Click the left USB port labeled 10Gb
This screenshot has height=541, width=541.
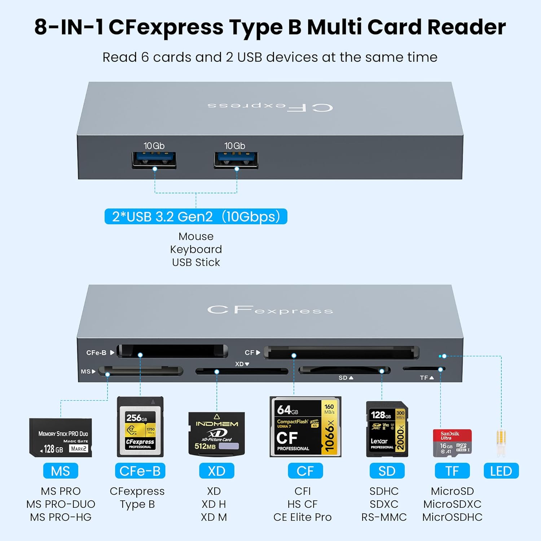[x=154, y=160]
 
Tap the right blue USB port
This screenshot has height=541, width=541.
[x=236, y=160]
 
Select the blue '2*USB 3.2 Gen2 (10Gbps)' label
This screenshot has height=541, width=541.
[x=196, y=216]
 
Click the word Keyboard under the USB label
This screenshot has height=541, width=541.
[x=196, y=249]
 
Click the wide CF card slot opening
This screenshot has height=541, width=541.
[x=341, y=352]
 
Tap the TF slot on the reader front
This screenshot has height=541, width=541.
[x=423, y=369]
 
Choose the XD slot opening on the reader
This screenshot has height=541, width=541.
[x=242, y=371]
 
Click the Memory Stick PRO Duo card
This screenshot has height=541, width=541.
[x=61, y=437]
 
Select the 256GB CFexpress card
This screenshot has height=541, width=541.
[x=140, y=427]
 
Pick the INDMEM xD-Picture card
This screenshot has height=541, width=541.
[x=216, y=434]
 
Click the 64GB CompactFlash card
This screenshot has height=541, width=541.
[x=305, y=427]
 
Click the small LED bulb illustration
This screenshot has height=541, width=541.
[x=501, y=443]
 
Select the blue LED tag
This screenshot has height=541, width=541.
[x=501, y=471]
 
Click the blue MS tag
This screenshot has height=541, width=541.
[x=60, y=471]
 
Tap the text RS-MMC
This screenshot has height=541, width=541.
[x=384, y=517]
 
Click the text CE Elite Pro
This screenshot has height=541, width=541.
[x=303, y=517]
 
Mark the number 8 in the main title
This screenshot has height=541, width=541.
[x=41, y=27]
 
